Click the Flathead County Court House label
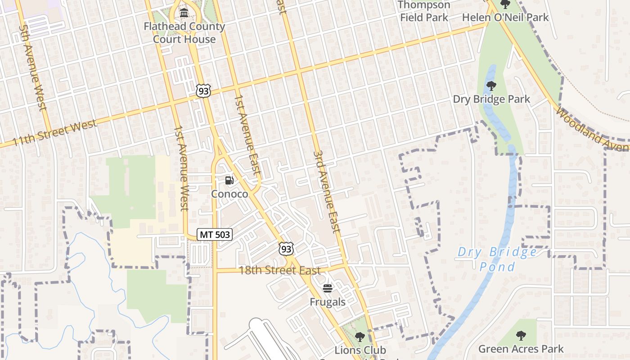point(184,33)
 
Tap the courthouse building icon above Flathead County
point(184,13)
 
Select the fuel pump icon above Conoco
point(229,180)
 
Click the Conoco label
point(229,194)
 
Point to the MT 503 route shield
point(215,234)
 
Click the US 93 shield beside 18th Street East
point(286,249)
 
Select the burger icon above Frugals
point(328,288)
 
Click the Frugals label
point(328,302)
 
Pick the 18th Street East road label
point(279,270)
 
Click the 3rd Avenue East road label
point(326,191)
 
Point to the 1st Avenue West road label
point(181,169)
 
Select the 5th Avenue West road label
point(33,67)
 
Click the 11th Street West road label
point(55,133)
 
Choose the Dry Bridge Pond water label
point(497,259)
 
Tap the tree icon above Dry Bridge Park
point(491,85)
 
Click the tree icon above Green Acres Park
point(521,335)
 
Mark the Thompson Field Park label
point(424,11)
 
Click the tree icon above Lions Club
point(360,337)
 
